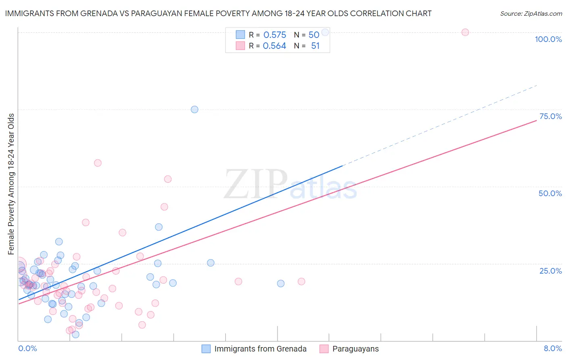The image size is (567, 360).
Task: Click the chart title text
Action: [218, 13]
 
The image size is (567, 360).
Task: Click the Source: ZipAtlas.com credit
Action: [531, 13]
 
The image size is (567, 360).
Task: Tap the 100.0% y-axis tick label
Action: [548, 39]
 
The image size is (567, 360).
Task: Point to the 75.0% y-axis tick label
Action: [550, 116]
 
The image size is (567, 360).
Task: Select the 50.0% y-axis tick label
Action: [550, 193]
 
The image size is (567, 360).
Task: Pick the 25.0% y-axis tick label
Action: [550, 271]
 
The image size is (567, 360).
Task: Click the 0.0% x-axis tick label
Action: [27, 348]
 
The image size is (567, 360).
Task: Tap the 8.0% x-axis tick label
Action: [552, 348]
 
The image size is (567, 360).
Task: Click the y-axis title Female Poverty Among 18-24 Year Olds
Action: [11, 184]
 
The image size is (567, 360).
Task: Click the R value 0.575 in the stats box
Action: [275, 35]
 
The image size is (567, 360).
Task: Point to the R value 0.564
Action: [274, 46]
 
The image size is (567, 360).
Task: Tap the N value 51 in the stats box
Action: [315, 46]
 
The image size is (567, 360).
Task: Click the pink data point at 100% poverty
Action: [465, 32]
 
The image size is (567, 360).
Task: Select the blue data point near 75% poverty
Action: [194, 109]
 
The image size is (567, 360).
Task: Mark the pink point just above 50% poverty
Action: [168, 179]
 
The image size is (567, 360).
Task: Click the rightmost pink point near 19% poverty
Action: [301, 281]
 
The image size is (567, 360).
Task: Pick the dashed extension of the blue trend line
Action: [440, 126]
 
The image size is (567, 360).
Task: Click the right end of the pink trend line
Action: [536, 121]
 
